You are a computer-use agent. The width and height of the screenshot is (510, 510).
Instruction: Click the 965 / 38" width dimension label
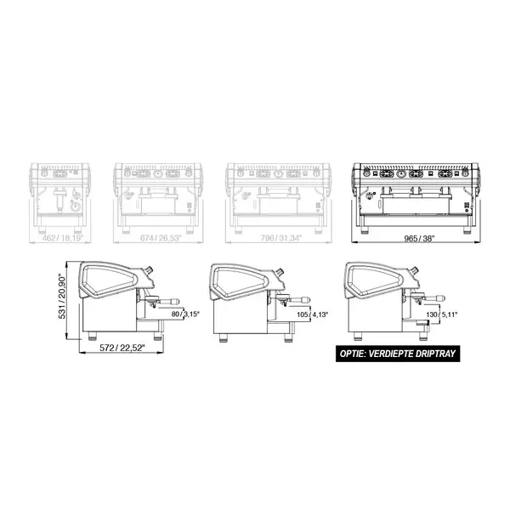coord(414,240)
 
